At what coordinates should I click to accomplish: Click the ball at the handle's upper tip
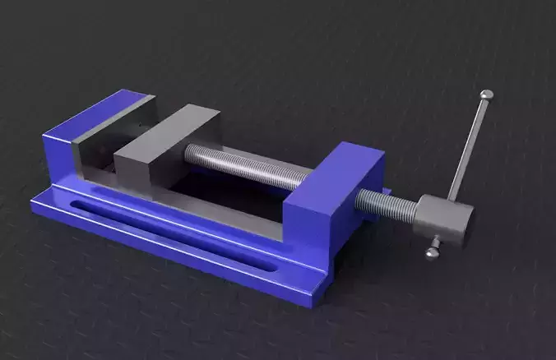487,95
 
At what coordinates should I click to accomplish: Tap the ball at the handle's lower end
432,253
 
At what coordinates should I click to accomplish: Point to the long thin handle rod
468,148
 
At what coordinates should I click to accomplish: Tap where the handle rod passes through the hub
449,201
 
